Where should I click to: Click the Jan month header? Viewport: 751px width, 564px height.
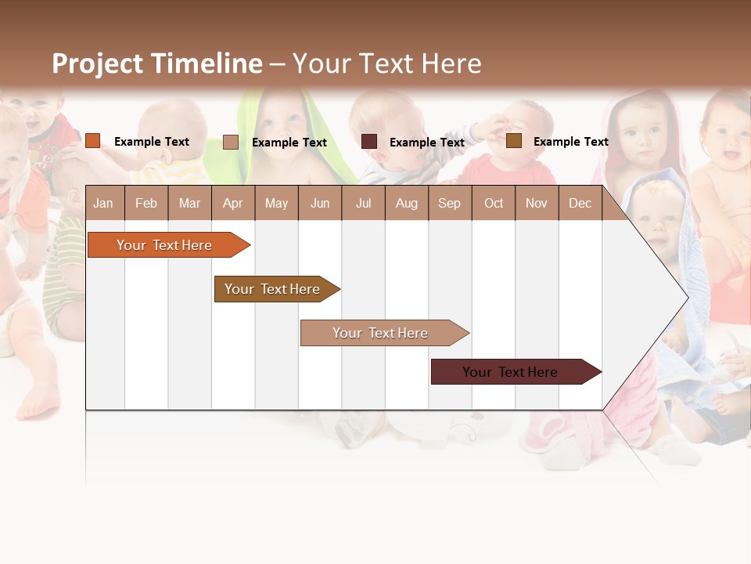pos(103,203)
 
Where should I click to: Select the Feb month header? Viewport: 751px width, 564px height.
pos(146,203)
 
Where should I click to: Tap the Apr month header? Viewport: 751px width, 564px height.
pos(232,203)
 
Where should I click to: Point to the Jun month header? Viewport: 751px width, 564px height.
pos(319,203)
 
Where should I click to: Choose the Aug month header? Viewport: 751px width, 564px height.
pos(406,203)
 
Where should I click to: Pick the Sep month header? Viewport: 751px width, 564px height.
pos(449,203)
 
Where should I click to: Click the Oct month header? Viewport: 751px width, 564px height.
pos(494,203)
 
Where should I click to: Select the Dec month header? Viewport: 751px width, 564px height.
pos(580,203)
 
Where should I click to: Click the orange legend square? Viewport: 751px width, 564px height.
pos(93,141)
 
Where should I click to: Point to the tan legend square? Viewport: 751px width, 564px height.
pos(231,142)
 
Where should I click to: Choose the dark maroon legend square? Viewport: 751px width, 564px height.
pos(369,142)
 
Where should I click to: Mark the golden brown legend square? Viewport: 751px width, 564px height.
pos(514,141)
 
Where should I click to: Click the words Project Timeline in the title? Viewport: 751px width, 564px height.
pos(156,63)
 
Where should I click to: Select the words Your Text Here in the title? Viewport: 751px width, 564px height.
pos(387,63)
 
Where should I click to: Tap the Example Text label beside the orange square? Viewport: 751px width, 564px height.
pos(152,142)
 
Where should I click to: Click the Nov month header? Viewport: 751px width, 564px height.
pos(537,203)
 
